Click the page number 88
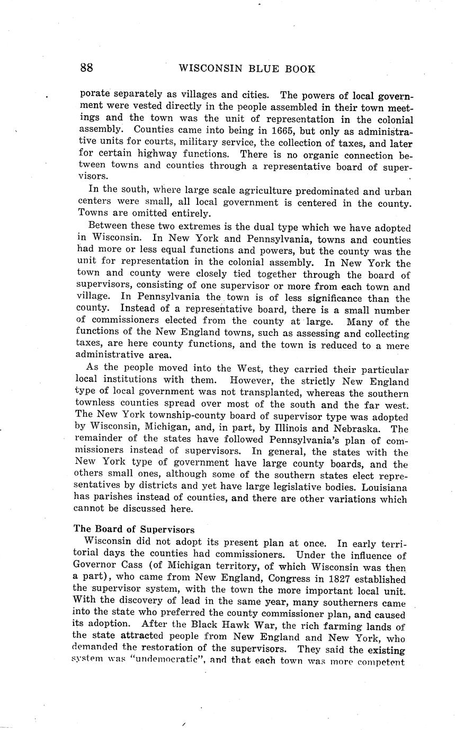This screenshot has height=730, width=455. click(87, 68)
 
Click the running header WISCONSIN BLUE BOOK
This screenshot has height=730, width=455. click(247, 69)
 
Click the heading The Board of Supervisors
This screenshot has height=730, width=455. click(134, 530)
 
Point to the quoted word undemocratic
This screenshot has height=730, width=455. click(158, 661)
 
